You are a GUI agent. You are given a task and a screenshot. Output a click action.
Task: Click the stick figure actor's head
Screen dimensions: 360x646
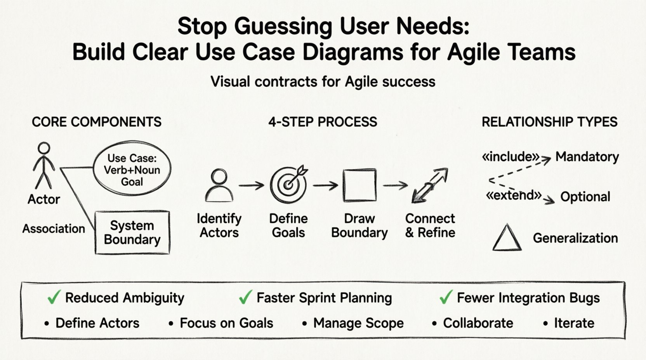tap(44, 149)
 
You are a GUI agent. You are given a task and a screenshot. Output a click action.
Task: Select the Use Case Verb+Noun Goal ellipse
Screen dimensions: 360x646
tap(132, 170)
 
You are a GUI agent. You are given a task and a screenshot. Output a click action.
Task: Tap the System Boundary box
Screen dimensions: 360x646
tap(132, 232)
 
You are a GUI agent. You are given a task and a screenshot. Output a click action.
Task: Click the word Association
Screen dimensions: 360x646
tap(54, 228)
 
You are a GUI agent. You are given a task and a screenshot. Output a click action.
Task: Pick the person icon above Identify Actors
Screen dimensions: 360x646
tap(219, 185)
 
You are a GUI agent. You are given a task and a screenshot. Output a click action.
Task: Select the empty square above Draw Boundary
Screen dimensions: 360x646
tap(359, 185)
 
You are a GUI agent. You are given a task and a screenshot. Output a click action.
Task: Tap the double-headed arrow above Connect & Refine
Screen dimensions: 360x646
tap(430, 185)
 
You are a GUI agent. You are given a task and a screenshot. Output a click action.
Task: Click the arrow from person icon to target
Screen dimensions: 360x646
tap(251, 186)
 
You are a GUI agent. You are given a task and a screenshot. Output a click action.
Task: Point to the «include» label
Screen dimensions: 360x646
tap(510, 157)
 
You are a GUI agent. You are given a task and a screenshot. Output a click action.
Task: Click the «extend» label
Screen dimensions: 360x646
tap(513, 195)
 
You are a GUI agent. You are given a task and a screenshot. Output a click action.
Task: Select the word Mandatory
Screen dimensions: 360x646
tap(587, 157)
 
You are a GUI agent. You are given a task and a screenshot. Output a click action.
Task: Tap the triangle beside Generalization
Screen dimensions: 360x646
tap(507, 238)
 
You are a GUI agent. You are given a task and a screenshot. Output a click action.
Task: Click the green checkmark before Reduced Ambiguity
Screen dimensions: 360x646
tap(54, 297)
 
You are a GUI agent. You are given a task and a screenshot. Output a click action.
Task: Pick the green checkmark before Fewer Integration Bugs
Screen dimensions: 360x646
tap(446, 297)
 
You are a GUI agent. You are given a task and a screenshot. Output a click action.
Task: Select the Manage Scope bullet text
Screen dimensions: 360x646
tap(358, 323)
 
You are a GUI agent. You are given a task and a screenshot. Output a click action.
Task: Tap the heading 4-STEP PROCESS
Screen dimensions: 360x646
tap(323, 122)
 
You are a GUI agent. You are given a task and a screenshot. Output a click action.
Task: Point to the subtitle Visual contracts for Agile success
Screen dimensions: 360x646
tap(323, 82)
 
